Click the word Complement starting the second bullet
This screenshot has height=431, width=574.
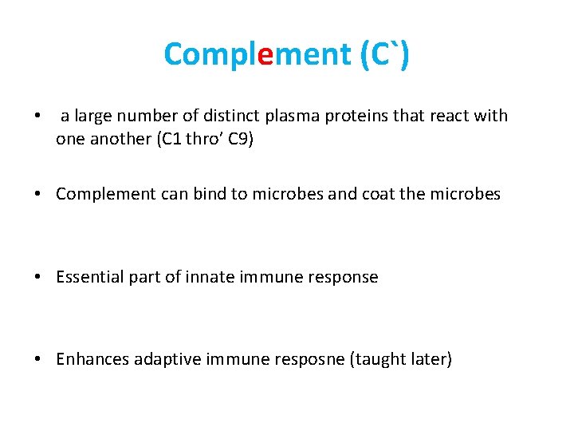pos(101,195)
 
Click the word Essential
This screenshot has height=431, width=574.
pos(89,277)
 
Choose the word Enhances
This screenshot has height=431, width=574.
pos(92,359)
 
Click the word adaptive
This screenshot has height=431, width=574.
pos(168,359)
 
